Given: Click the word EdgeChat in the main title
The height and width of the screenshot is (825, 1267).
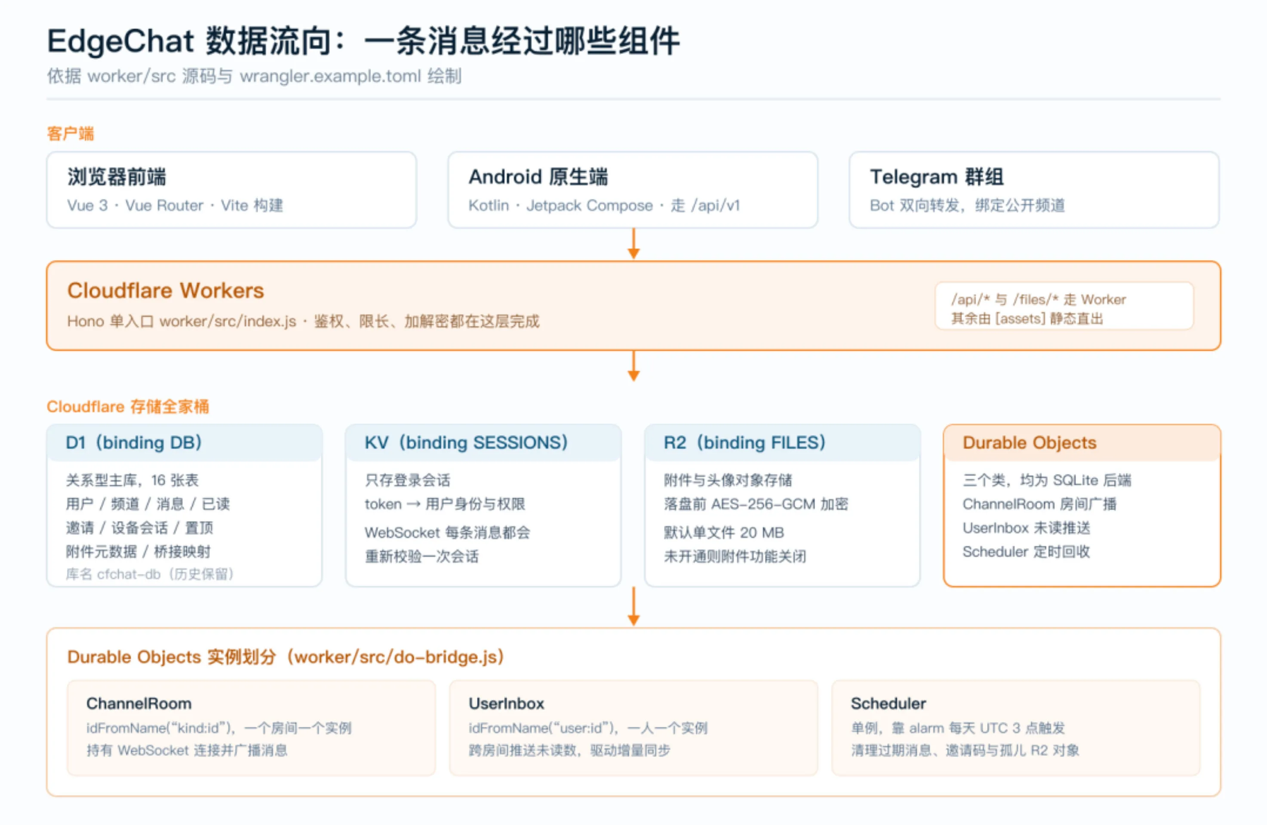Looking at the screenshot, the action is coord(120,42).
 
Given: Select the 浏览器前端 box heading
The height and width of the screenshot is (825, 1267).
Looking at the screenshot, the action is coord(117,177).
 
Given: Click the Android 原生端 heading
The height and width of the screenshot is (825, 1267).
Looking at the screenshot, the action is coord(538,177).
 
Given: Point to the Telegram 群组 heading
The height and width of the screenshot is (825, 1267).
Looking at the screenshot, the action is coord(937,177).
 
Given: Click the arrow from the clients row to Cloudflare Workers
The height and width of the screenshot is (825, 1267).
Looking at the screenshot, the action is coord(633,244).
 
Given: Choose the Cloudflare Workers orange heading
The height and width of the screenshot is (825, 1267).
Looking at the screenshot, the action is coord(166,291).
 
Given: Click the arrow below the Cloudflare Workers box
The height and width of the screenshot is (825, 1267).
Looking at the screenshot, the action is coord(633,366).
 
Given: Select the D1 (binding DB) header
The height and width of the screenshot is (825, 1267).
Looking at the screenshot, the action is coord(134,442).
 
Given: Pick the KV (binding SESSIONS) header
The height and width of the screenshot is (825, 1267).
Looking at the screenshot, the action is coord(466,442).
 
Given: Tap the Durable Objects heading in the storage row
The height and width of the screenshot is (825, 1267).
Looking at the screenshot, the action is coord(1030,442).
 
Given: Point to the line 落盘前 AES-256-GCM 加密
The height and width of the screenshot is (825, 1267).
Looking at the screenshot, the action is coord(756,504).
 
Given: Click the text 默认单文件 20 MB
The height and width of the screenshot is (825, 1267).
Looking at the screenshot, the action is coord(724,532).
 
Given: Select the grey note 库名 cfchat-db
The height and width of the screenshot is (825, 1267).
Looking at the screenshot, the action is coord(150,574).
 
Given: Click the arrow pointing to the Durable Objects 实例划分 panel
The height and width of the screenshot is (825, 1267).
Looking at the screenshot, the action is coord(633,606).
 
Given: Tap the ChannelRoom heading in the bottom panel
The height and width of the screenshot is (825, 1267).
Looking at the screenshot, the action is coord(139,704).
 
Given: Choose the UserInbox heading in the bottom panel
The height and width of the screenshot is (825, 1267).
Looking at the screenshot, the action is coord(506,704).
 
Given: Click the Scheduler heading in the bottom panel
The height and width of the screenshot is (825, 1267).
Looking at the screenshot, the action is coord(889,704).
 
